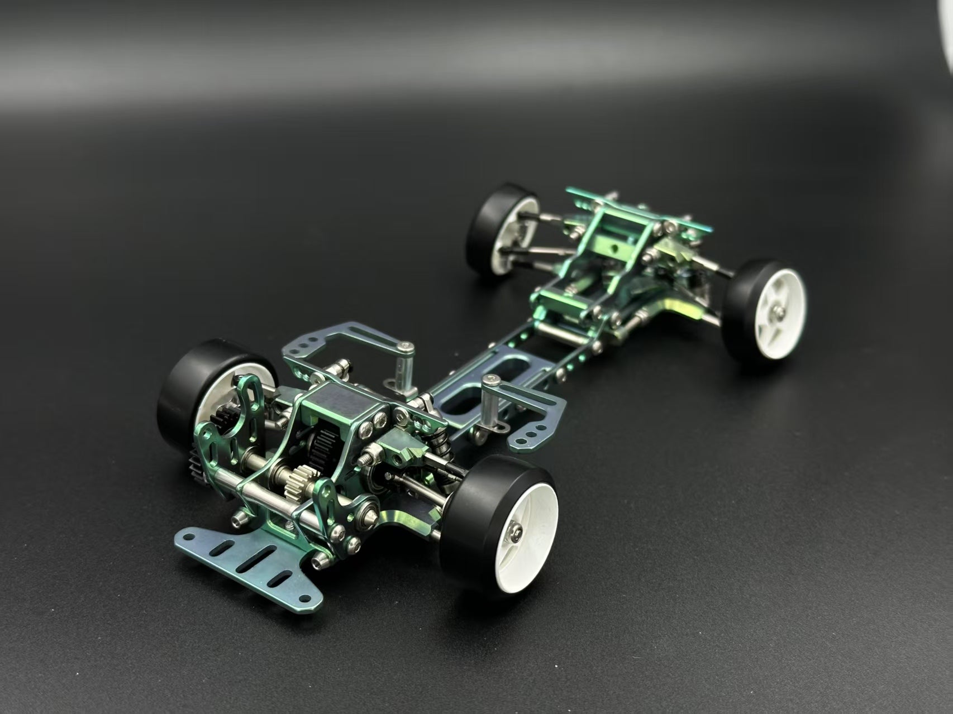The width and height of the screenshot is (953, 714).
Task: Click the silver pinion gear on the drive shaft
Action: point(294,481)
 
